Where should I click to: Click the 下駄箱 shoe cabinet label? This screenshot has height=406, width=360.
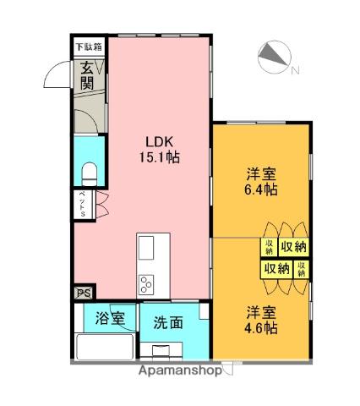pos(87,47)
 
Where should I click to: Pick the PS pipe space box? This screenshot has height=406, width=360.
pos(83,293)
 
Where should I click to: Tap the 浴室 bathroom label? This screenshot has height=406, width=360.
pos(110,320)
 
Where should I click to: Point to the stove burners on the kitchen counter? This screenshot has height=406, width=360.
pos(145,283)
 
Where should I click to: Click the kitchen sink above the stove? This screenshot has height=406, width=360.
pos(146,248)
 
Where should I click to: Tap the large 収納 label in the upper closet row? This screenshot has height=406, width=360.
pos(293,247)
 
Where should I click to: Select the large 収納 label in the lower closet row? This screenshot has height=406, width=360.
pos(275,269)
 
